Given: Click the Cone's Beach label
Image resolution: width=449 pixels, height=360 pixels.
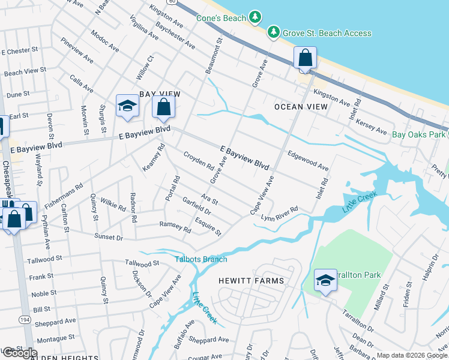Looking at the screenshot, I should click(x=221, y=18).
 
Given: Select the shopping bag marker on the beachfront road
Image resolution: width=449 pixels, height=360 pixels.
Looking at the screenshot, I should click(x=305, y=59).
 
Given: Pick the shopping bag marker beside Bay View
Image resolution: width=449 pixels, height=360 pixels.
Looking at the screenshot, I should click(x=163, y=109).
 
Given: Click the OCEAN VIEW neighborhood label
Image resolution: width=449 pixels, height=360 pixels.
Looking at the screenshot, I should click(x=301, y=107).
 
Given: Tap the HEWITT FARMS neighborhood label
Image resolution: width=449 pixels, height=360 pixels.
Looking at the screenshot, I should click(x=251, y=280).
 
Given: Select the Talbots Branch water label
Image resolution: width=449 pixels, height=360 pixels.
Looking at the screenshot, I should click(x=201, y=259).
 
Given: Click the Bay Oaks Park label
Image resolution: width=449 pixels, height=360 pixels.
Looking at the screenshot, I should click(x=419, y=134).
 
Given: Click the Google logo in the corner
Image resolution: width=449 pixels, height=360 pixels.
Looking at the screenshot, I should click(x=19, y=353).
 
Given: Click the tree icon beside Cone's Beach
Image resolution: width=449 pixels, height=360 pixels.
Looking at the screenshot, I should click(x=256, y=17).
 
